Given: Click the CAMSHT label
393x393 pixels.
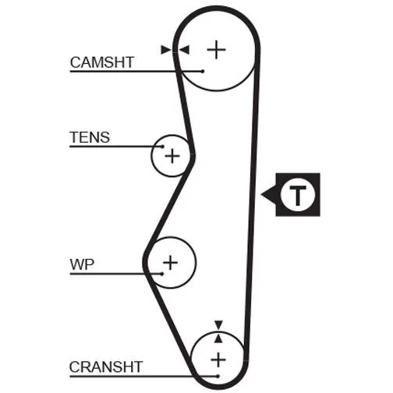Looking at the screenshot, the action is click(x=102, y=62).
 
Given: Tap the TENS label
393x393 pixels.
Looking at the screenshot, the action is click(x=90, y=137).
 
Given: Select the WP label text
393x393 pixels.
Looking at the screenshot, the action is click(x=82, y=264).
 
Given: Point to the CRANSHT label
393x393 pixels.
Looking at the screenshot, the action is click(x=106, y=367).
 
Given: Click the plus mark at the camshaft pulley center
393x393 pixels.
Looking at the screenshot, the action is click(x=216, y=49).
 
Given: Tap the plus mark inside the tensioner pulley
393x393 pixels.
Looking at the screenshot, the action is click(x=172, y=156).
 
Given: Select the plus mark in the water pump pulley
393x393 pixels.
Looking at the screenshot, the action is click(x=170, y=263).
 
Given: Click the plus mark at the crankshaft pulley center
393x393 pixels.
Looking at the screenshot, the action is click(x=218, y=360).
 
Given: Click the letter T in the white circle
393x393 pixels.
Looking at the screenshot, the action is click(x=298, y=195).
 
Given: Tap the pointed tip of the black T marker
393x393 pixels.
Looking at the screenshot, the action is click(x=261, y=194).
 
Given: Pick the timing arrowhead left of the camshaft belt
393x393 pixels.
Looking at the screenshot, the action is click(x=166, y=50).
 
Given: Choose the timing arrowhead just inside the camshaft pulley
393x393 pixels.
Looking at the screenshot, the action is click(x=184, y=50).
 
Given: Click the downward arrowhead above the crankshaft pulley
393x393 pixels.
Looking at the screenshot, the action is click(x=218, y=325).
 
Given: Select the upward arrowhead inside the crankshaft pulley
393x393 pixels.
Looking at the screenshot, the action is click(x=218, y=338).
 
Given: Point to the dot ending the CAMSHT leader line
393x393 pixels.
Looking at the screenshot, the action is click(x=203, y=71).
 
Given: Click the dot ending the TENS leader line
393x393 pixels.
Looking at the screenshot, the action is click(x=162, y=147).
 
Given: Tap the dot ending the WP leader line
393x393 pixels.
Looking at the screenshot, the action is click(x=162, y=274).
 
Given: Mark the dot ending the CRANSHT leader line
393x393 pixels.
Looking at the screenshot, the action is click(x=218, y=376).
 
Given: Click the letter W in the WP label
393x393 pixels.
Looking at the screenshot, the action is click(x=77, y=264).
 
